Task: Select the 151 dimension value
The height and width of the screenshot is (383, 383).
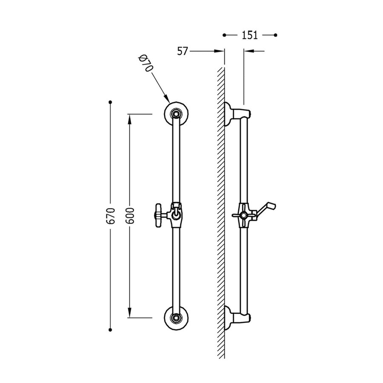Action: point(250,35)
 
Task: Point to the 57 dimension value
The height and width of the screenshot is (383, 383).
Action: point(183,51)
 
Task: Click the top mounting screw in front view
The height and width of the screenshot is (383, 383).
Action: point(176,114)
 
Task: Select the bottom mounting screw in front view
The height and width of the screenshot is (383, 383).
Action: point(176,317)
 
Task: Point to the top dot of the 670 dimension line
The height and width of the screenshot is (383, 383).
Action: point(111,102)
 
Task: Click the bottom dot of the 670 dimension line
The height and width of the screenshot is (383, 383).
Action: point(111,329)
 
